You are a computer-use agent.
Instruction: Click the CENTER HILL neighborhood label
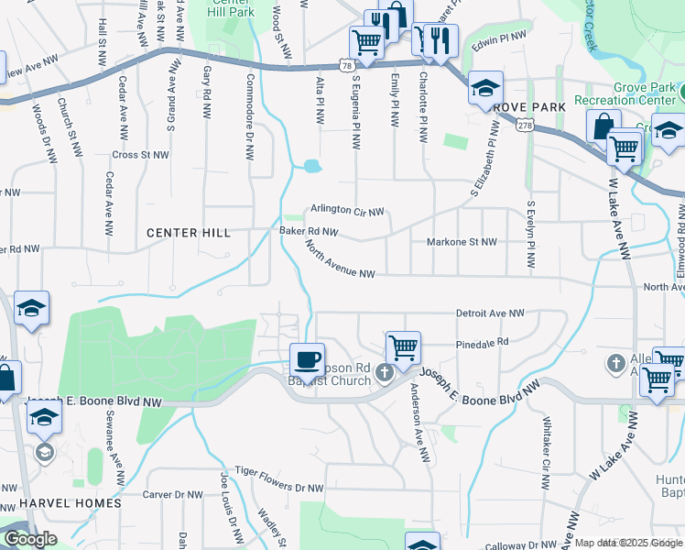click(x=189, y=233)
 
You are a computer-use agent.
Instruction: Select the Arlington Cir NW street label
click(x=346, y=210)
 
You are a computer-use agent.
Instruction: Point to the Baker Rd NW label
click(x=309, y=232)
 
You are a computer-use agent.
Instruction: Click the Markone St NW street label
click(x=462, y=242)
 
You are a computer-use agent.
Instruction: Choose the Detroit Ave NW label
click(x=490, y=313)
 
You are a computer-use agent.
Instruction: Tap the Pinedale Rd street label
click(x=482, y=342)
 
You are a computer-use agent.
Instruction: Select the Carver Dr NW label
click(x=173, y=494)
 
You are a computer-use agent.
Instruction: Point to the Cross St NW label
click(x=140, y=155)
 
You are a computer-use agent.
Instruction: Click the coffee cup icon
click(x=307, y=358)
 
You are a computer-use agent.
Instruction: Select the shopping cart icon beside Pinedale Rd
click(x=403, y=346)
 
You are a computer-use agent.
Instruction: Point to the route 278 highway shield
click(x=524, y=126)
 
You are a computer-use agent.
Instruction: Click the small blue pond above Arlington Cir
click(x=312, y=167)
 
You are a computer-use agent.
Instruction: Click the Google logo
click(x=30, y=539)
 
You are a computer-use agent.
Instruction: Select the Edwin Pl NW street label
click(x=499, y=38)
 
